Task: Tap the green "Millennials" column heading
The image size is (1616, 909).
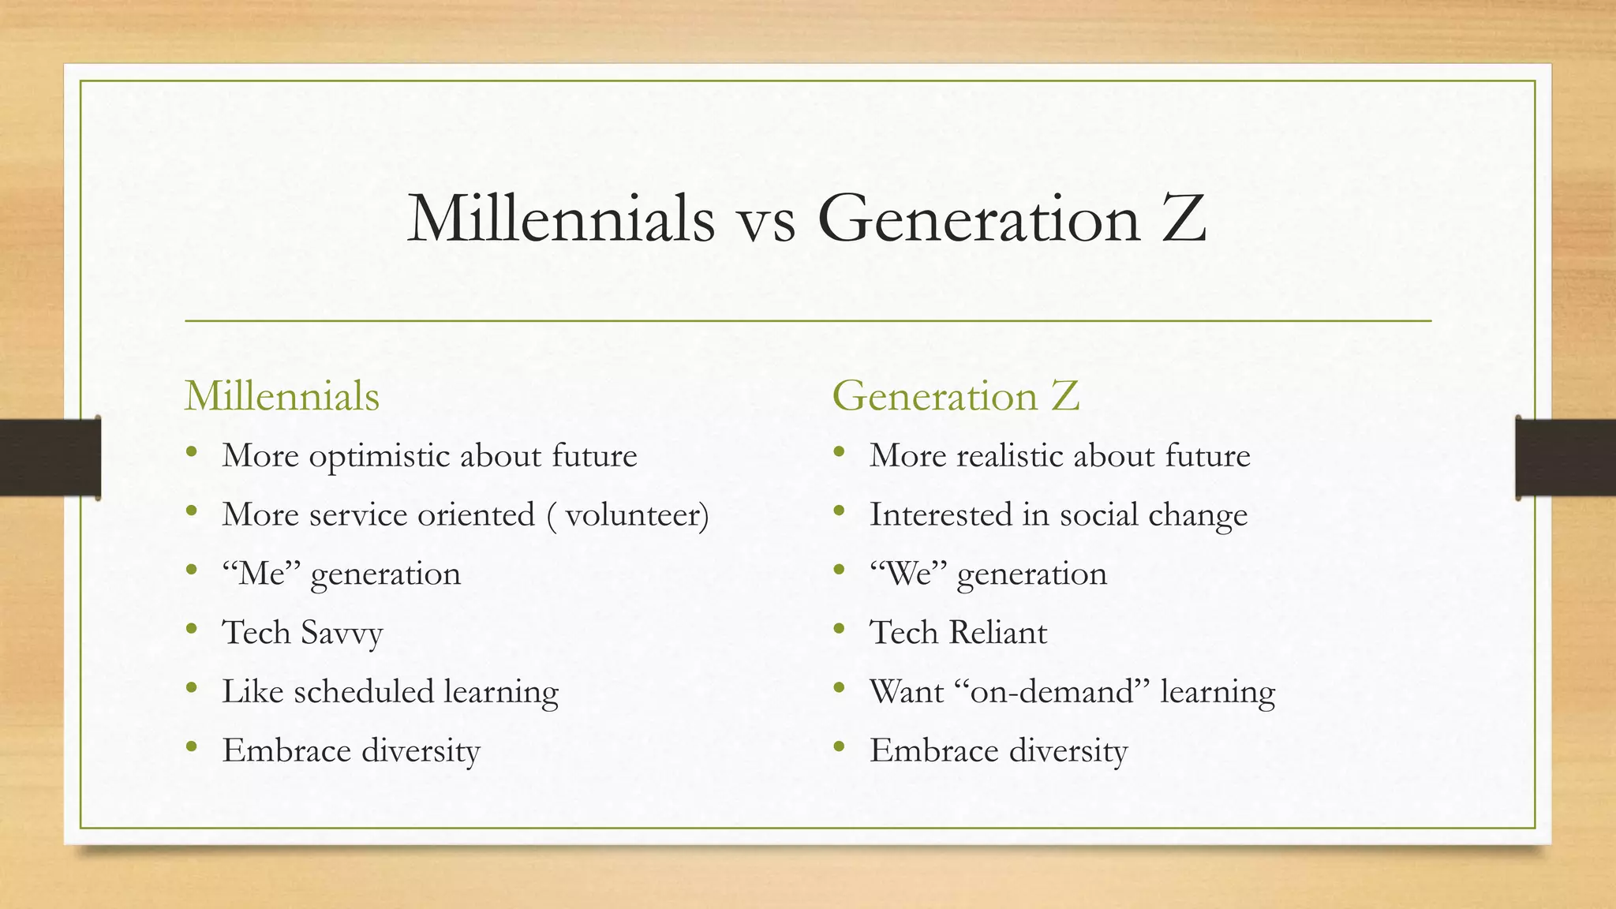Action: [282, 396]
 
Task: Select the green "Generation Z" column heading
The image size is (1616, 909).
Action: [956, 396]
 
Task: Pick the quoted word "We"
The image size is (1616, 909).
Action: [908, 574]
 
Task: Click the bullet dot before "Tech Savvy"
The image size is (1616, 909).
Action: [191, 630]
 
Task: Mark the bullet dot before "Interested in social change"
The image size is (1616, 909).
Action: [839, 512]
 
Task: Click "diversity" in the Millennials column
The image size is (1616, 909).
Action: [421, 751]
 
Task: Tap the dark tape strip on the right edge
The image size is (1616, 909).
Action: [1565, 458]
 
